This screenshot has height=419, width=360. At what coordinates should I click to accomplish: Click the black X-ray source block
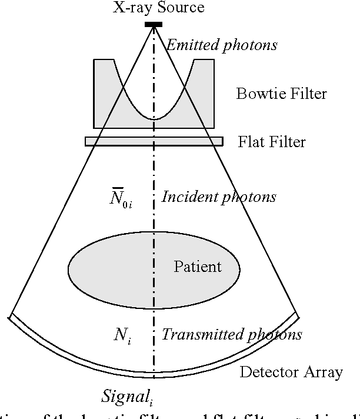[154, 24]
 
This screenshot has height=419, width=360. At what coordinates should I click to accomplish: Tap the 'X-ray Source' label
[159, 8]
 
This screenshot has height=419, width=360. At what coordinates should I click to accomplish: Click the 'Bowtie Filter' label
[281, 94]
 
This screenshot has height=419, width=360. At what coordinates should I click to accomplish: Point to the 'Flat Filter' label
[272, 142]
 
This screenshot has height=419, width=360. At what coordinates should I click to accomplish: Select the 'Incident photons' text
[218, 197]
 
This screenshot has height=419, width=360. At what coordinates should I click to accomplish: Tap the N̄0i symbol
[122, 197]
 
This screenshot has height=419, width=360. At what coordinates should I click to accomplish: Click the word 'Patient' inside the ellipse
[198, 267]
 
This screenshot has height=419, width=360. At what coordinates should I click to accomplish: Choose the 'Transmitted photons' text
[232, 335]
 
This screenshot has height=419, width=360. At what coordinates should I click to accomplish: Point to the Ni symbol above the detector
[122, 335]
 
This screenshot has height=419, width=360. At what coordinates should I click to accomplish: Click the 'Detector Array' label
[291, 372]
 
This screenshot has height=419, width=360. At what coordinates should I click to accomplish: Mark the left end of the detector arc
[11, 318]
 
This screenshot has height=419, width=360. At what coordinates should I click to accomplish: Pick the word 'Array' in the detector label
[324, 373]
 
